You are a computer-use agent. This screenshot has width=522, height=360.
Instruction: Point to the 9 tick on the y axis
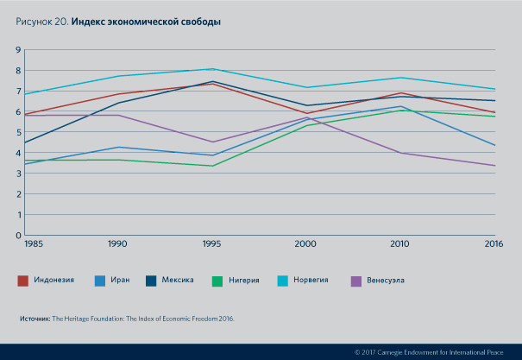pos(17,50)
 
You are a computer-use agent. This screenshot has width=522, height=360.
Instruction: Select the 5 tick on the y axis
pos(17,132)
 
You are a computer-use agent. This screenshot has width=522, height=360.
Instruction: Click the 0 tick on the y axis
pos(17,235)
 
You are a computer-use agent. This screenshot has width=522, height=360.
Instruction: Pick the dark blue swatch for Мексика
pos(152,280)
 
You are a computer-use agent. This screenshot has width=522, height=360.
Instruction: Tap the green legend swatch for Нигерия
pos(218,280)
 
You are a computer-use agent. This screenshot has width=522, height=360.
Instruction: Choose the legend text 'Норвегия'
pos(311,280)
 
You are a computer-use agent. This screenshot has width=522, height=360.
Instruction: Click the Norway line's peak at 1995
pos(212,69)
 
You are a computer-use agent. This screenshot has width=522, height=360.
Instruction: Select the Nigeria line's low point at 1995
pos(212,166)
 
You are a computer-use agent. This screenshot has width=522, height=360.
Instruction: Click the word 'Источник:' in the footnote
pos(35,319)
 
